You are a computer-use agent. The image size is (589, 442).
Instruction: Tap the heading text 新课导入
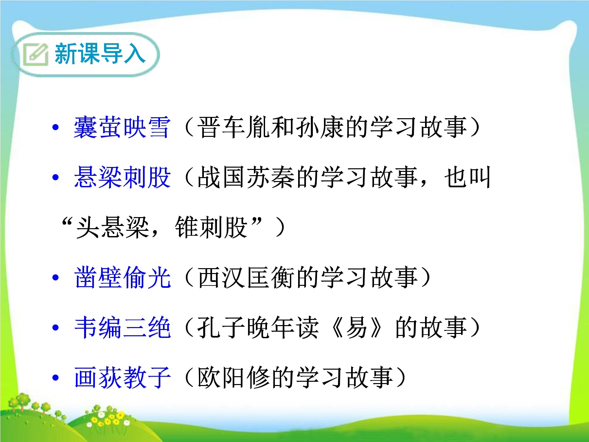click(100, 53)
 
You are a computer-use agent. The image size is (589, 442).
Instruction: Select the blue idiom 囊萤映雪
click(122, 127)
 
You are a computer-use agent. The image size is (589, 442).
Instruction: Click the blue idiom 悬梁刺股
click(122, 177)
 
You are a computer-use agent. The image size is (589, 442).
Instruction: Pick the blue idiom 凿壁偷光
click(122, 277)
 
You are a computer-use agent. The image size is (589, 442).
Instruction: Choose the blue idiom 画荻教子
click(122, 378)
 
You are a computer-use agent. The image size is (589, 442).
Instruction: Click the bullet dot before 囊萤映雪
click(56, 128)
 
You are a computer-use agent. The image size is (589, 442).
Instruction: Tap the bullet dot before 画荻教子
click(56, 378)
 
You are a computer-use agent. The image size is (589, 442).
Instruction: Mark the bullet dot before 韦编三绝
click(56, 328)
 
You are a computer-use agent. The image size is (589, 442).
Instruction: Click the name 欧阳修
click(234, 378)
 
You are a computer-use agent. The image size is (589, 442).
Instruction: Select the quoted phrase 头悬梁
click(113, 227)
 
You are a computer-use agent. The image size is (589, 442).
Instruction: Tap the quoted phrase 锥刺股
click(211, 227)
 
